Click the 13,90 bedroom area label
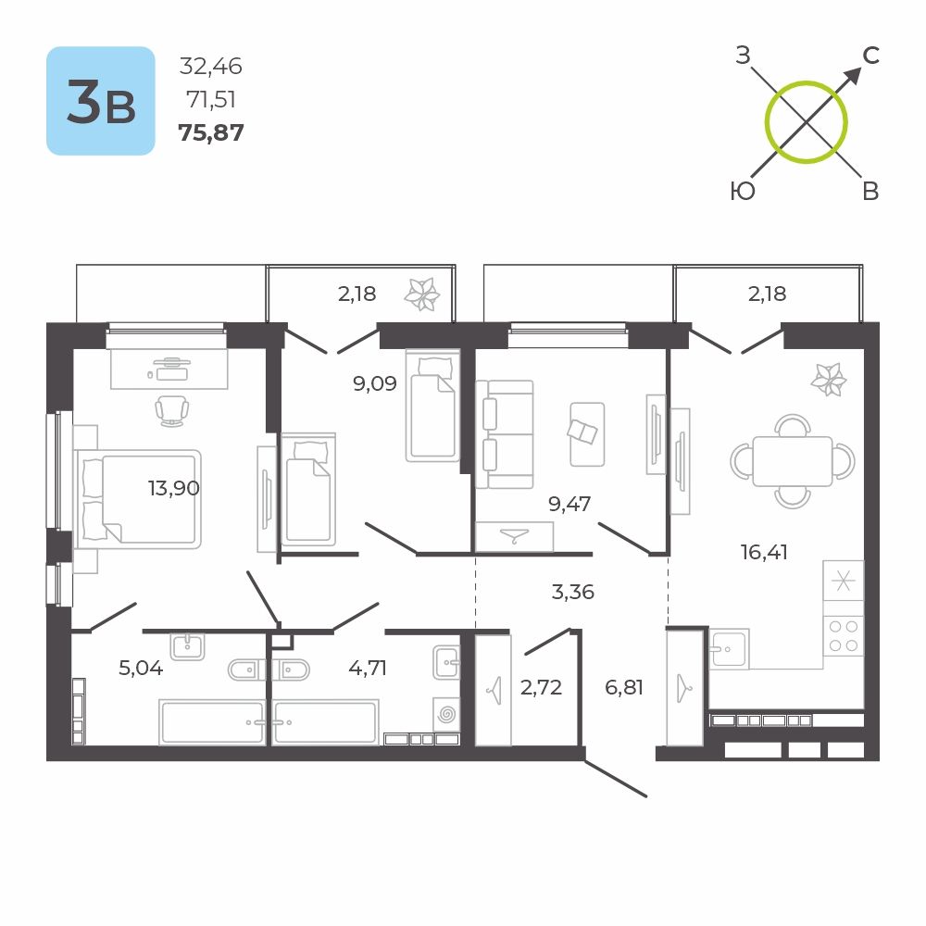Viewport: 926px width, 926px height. pyautogui.click(x=174, y=488)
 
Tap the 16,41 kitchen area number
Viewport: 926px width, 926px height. pyautogui.click(x=764, y=552)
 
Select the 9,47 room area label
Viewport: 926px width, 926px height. pyautogui.click(x=569, y=504)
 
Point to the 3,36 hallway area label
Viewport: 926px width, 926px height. pyautogui.click(x=572, y=592)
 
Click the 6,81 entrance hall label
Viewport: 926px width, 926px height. pyautogui.click(x=623, y=687)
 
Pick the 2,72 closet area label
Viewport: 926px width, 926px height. pyautogui.click(x=541, y=687)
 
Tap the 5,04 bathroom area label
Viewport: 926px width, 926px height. pyautogui.click(x=141, y=668)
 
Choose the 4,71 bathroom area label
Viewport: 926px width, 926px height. pyautogui.click(x=368, y=668)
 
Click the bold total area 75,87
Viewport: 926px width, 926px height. pyautogui.click(x=211, y=132)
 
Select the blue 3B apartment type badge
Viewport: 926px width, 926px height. pyautogui.click(x=101, y=101)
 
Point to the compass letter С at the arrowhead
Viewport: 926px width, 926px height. pyautogui.click(x=871, y=56)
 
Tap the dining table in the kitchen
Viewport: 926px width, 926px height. pyautogui.click(x=792, y=460)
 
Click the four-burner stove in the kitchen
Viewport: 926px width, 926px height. pyautogui.click(x=844, y=637)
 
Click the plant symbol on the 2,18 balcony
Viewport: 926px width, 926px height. pyautogui.click(x=421, y=294)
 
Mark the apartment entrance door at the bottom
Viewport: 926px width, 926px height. pyautogui.click(x=616, y=778)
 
